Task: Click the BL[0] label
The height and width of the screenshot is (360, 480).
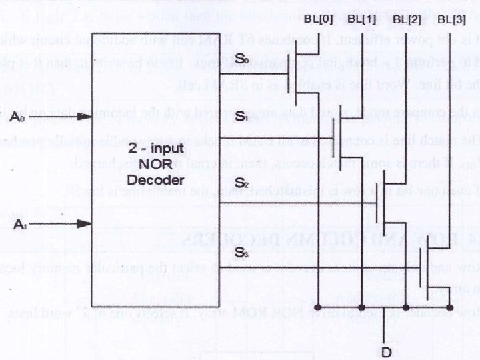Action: pos(319,19)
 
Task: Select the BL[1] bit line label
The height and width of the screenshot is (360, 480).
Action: pos(361,19)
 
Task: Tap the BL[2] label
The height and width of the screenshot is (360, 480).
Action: pos(407,19)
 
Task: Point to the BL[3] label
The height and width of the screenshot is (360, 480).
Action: pos(451,19)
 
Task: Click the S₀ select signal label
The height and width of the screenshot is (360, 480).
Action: pos(241,60)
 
